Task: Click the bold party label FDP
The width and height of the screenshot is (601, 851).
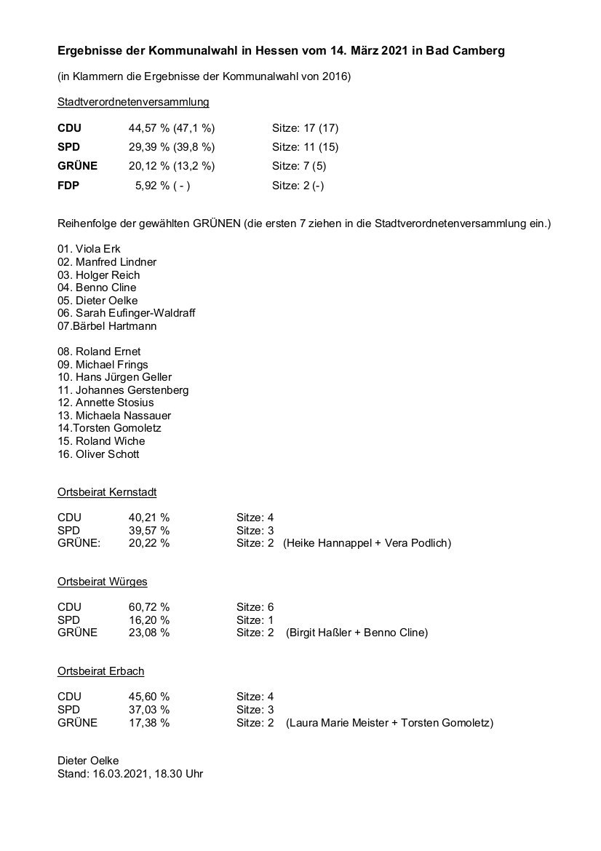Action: pos(68,186)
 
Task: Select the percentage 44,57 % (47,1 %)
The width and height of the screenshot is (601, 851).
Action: pos(172,128)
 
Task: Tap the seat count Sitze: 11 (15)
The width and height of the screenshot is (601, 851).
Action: pos(305,147)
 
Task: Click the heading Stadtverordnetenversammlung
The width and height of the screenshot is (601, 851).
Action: pos(133,103)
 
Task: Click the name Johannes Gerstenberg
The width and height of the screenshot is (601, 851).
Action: pos(132,389)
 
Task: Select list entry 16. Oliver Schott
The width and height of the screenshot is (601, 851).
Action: pos(98,454)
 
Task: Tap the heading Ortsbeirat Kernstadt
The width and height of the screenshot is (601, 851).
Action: pos(107,492)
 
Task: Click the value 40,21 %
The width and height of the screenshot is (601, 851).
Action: pos(149,518)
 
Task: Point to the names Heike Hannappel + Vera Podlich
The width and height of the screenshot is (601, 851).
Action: pos(367,543)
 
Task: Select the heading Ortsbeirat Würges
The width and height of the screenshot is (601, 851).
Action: pos(103,582)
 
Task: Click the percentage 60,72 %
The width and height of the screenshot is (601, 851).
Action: pos(149,607)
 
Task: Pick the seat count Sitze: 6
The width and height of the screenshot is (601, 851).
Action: pos(255,607)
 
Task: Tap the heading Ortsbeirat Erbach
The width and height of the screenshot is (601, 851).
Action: pos(101,671)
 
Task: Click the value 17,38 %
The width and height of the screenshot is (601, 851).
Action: pos(149,723)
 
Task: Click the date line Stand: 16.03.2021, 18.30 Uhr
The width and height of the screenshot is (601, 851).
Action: pos(130,774)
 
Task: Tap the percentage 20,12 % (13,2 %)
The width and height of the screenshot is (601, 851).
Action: pos(172,166)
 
